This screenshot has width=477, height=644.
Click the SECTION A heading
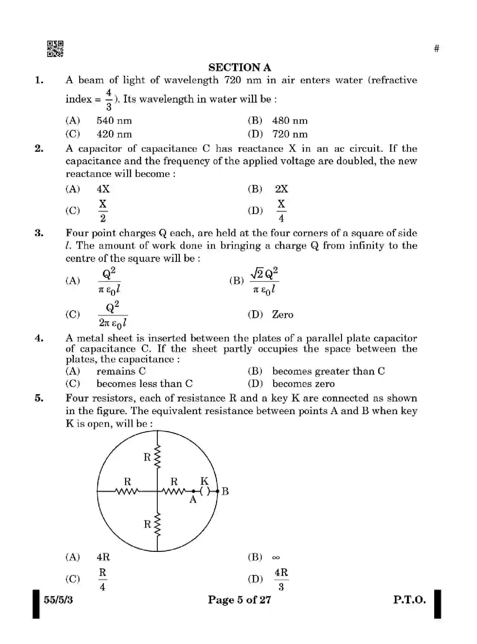click(x=239, y=67)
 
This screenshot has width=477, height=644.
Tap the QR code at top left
click(x=55, y=49)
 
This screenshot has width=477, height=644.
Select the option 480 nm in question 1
click(x=289, y=121)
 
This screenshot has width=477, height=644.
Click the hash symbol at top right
click(x=436, y=49)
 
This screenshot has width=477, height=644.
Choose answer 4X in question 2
click(x=103, y=189)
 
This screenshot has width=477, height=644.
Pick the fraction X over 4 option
click(x=281, y=211)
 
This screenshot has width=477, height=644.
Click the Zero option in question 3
click(x=282, y=315)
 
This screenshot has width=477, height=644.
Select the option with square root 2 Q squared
click(x=264, y=281)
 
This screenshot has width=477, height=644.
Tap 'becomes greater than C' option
click(x=328, y=371)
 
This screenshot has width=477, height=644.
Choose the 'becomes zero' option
click(x=303, y=384)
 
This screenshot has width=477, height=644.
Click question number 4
click(x=39, y=338)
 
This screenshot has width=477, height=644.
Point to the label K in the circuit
click(x=204, y=481)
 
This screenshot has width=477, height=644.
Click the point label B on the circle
click(x=225, y=491)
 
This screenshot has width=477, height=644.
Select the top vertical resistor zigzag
click(x=158, y=457)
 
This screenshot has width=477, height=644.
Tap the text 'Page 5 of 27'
click(x=239, y=600)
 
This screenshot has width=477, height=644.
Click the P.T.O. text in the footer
click(x=409, y=600)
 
